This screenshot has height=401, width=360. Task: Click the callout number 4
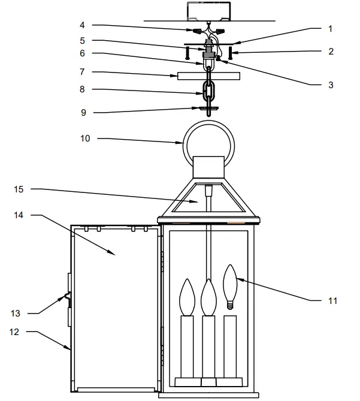[83, 25]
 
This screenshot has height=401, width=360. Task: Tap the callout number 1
[330, 29]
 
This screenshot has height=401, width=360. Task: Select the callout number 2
[330, 52]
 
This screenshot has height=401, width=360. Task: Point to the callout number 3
[330, 85]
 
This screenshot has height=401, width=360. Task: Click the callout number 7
[83, 71]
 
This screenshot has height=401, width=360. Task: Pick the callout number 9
[83, 111]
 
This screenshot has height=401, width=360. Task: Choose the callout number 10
[84, 139]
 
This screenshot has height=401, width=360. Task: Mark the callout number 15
[20, 189]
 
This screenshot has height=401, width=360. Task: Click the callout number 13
[15, 313]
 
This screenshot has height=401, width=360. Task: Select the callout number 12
[15, 331]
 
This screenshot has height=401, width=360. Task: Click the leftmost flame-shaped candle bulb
[187, 297]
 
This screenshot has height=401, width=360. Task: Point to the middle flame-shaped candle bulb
[208, 297]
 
